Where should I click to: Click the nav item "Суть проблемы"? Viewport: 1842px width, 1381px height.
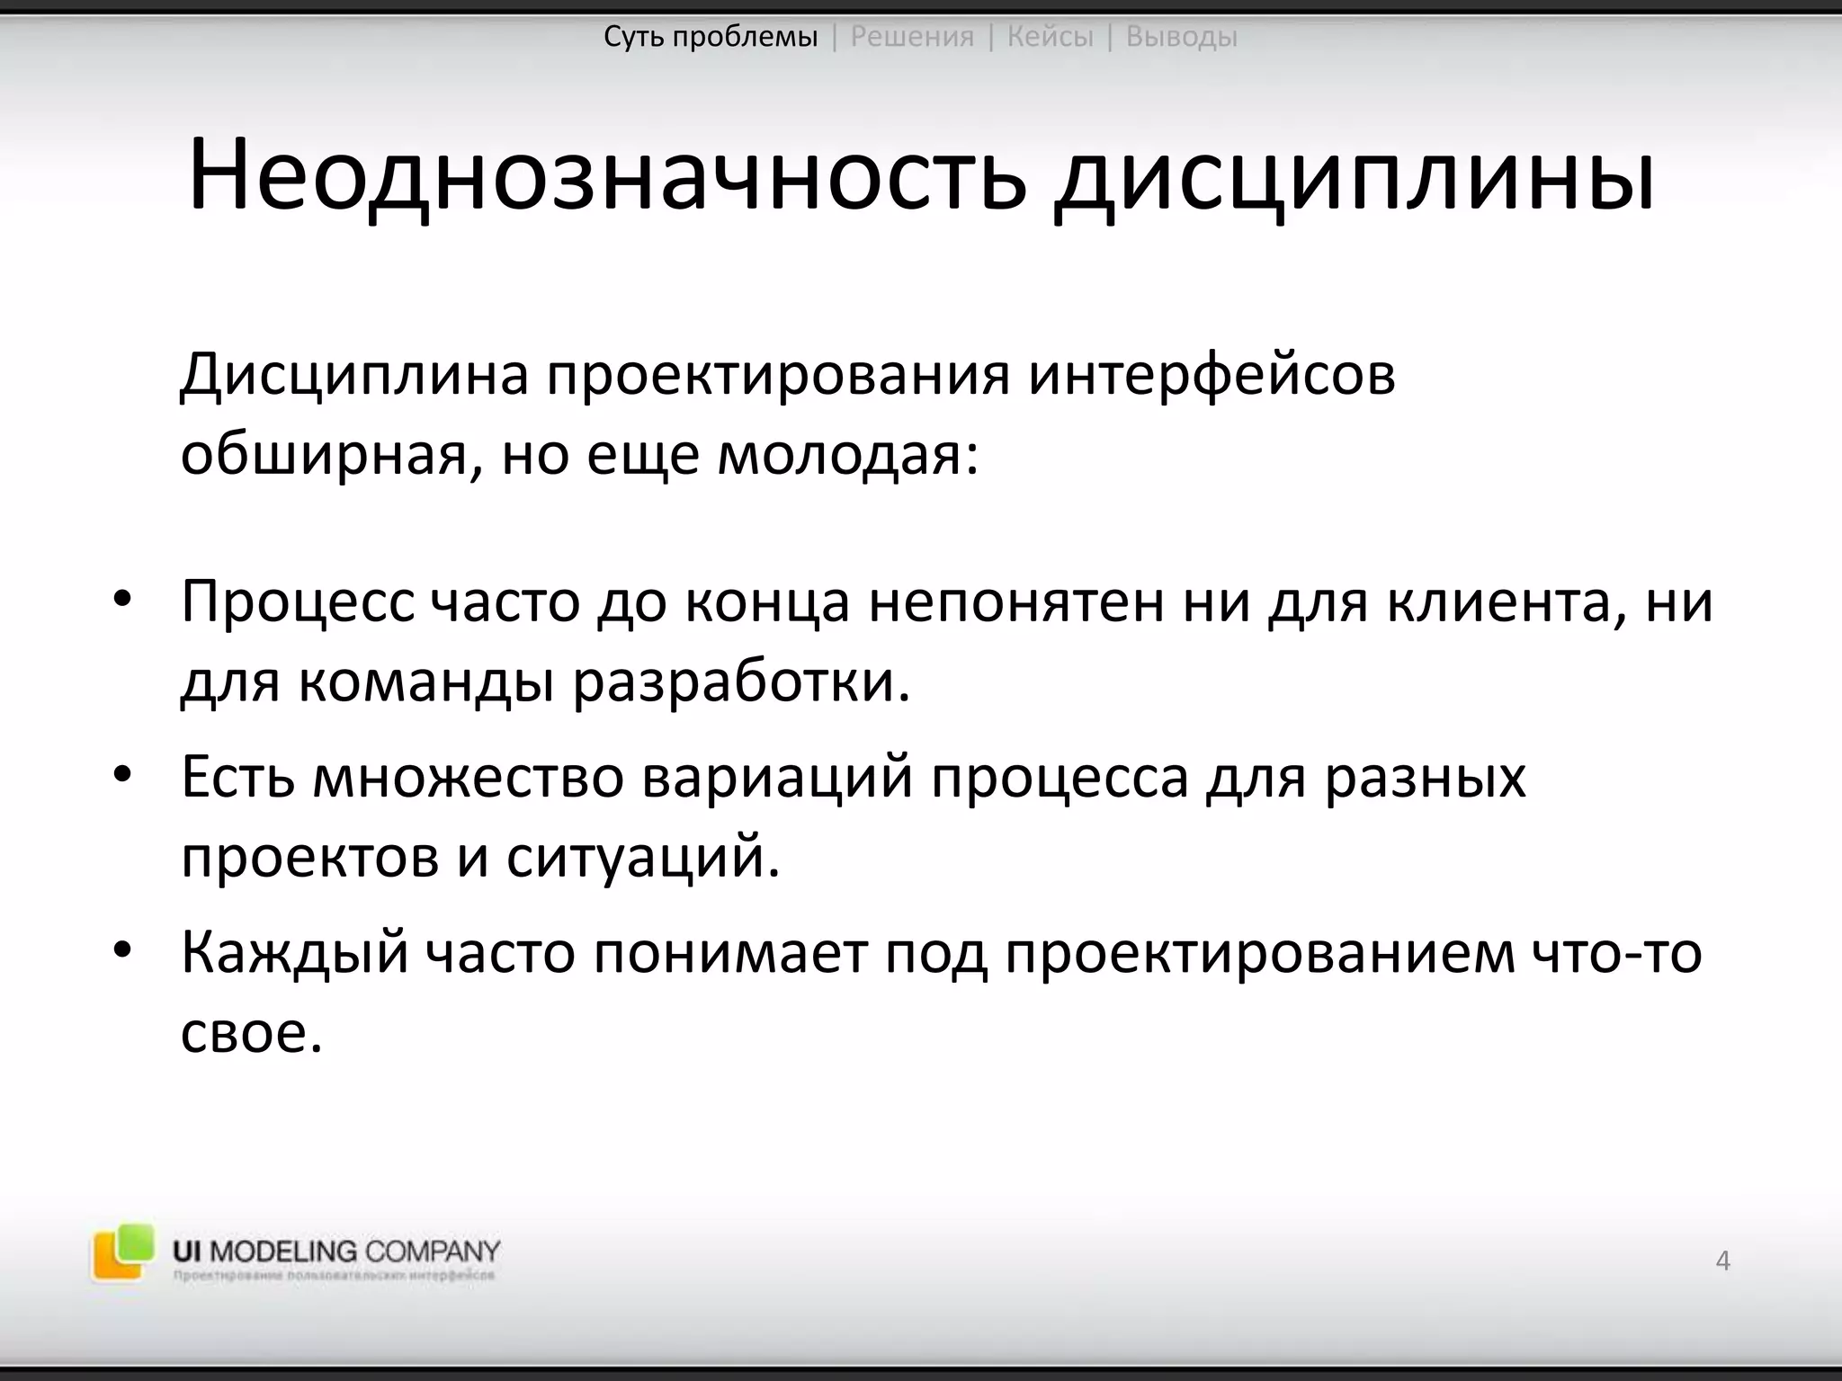pyautogui.click(x=711, y=37)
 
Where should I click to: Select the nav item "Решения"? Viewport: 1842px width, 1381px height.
pyautogui.click(x=912, y=37)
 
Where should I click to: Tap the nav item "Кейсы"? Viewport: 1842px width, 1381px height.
pyautogui.click(x=1050, y=37)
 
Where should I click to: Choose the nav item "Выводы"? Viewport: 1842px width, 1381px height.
pyautogui.click(x=1181, y=37)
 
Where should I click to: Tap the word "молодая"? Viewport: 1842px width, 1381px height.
pyautogui.click(x=847, y=455)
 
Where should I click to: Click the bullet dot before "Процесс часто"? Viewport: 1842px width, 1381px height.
pyautogui.click(x=122, y=600)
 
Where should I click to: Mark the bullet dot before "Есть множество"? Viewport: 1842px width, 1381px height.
pyautogui.click(x=122, y=774)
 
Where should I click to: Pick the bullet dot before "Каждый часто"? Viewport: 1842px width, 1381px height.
pyautogui.click(x=122, y=950)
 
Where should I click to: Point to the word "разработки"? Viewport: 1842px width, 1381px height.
pyautogui.click(x=740, y=682)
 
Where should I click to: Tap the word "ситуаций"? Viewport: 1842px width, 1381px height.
pyautogui.click(x=641, y=857)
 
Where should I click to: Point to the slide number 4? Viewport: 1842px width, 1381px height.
pyautogui.click(x=1722, y=1261)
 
